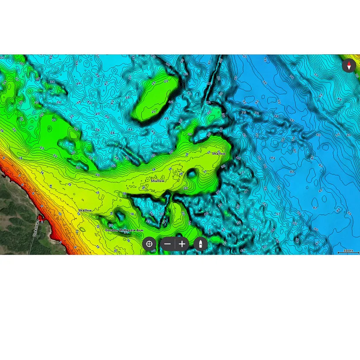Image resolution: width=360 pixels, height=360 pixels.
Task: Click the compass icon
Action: click(349, 66)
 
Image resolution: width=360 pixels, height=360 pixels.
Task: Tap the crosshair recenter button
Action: click(149, 244)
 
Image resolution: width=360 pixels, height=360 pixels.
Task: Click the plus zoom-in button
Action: click(182, 244)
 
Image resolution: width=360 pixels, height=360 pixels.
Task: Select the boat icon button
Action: click(200, 244)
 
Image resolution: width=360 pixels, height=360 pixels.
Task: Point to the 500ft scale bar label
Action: click(348, 250)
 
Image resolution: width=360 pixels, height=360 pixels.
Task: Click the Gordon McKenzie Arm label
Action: click(124, 230)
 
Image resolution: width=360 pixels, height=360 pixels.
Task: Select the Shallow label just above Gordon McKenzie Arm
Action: click(85, 210)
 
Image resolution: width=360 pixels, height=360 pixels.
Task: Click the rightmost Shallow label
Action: click(219, 153)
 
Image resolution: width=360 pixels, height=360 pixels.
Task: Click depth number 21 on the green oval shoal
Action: click(153, 112)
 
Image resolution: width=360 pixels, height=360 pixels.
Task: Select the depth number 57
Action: click(278, 214)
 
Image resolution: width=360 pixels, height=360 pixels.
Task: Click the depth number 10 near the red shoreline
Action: click(60, 214)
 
